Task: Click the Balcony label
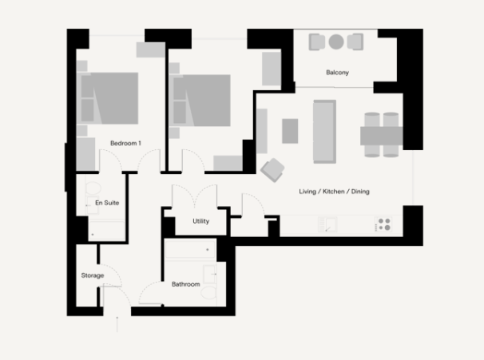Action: click(x=337, y=73)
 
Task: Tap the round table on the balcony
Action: click(x=336, y=42)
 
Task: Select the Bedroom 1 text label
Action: click(x=125, y=144)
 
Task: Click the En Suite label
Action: click(x=107, y=203)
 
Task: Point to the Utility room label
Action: click(x=201, y=221)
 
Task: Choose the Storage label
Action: click(x=92, y=275)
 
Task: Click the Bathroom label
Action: click(x=185, y=283)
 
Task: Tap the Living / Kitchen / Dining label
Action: click(x=334, y=192)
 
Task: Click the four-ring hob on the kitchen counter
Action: click(x=383, y=226)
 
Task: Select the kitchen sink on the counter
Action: click(x=330, y=226)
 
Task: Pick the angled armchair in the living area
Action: click(x=272, y=169)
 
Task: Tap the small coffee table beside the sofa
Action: click(x=289, y=130)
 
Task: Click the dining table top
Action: click(x=381, y=135)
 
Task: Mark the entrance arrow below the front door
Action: click(x=117, y=322)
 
